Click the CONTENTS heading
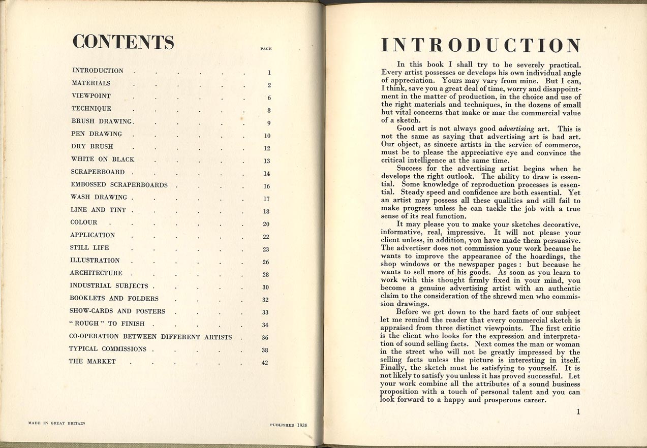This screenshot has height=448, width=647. coord(123,42)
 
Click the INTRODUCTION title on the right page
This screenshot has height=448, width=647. coord(481,46)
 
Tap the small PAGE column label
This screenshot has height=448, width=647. coord(266,49)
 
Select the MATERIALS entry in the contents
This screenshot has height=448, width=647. coord(91,83)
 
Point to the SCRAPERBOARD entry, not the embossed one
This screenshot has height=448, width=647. coord(99,172)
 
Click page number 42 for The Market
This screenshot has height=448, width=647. coord(265,363)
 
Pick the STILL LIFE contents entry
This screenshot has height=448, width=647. coord(89,248)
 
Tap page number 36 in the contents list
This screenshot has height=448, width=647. coord(265,338)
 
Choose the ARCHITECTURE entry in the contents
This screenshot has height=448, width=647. coord(96,273)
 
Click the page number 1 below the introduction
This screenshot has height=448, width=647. coord(578,412)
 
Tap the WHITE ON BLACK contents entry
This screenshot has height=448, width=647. coord(103,159)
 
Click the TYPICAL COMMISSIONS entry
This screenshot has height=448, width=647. coord(108,349)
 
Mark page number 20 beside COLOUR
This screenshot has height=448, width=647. coord(266,224)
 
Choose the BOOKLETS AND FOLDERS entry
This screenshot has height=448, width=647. coord(114,299)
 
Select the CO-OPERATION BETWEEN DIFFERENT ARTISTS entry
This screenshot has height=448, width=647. coord(150,337)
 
